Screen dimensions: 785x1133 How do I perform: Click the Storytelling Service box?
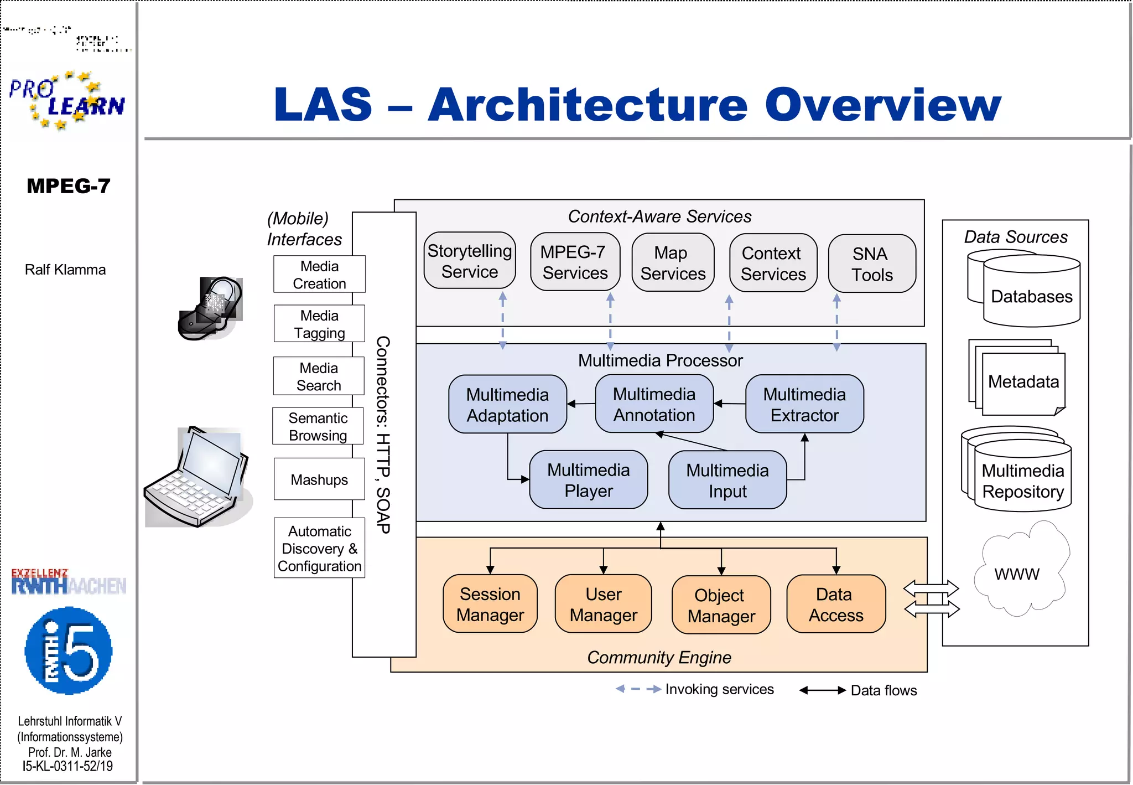tap(469, 261)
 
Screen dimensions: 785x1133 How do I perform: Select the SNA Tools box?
tap(871, 264)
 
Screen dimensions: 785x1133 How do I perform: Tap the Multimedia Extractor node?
tap(804, 404)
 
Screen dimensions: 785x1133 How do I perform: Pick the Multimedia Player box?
tap(588, 480)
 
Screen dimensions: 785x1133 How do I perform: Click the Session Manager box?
tap(490, 604)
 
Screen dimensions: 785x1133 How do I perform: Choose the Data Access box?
tap(835, 604)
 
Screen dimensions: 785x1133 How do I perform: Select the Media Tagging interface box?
tap(319, 324)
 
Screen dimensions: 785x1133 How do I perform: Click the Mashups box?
tap(319, 479)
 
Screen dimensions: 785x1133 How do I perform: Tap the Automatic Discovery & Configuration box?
tap(319, 548)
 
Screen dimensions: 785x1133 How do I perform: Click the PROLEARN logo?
tap(67, 100)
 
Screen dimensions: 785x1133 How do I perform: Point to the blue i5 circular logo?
tap(69, 650)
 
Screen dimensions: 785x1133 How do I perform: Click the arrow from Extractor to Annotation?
tap(729, 404)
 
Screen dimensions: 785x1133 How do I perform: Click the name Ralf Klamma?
tap(65, 270)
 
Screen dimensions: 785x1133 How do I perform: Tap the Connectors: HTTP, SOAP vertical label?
tap(383, 435)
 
